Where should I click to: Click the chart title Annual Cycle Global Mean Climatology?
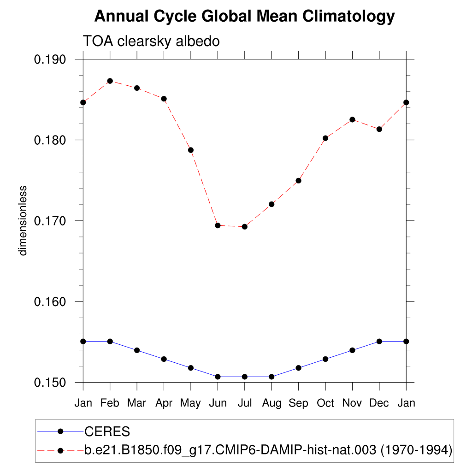click(244, 17)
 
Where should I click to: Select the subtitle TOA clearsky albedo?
click(151, 41)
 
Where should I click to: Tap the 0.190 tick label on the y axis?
click(51, 59)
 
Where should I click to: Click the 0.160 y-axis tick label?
click(51, 302)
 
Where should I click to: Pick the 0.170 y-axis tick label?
click(51, 221)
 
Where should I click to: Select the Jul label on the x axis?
click(244, 403)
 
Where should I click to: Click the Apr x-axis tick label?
click(164, 403)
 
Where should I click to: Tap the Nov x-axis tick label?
click(352, 403)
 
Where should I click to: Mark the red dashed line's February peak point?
click(110, 81)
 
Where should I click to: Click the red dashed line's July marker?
click(245, 227)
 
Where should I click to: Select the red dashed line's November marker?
click(352, 119)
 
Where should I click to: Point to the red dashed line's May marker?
click(190, 150)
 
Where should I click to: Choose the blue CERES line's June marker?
click(218, 377)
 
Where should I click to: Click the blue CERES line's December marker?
click(379, 341)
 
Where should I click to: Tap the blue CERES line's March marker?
click(137, 350)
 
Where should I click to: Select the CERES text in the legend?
click(107, 432)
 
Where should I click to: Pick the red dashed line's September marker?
click(298, 180)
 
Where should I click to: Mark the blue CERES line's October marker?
click(325, 359)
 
